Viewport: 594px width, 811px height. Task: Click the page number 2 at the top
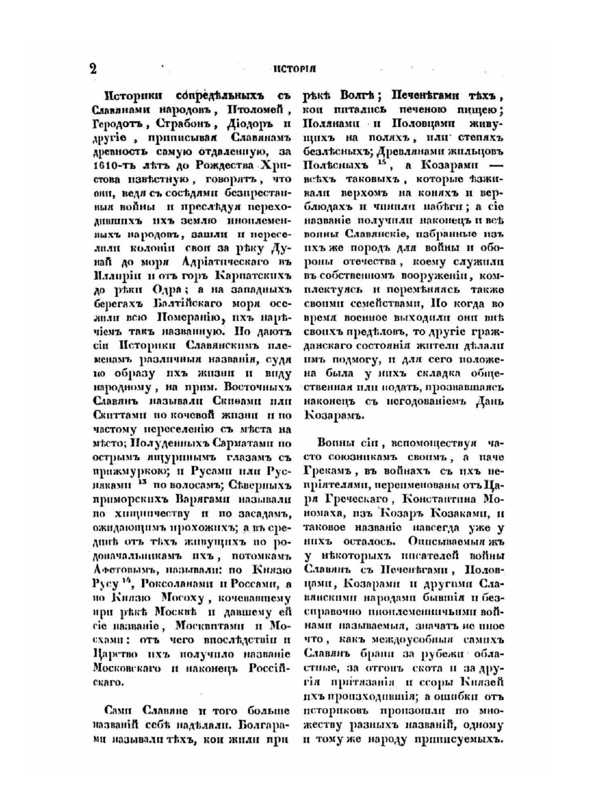pyautogui.click(x=93, y=68)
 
